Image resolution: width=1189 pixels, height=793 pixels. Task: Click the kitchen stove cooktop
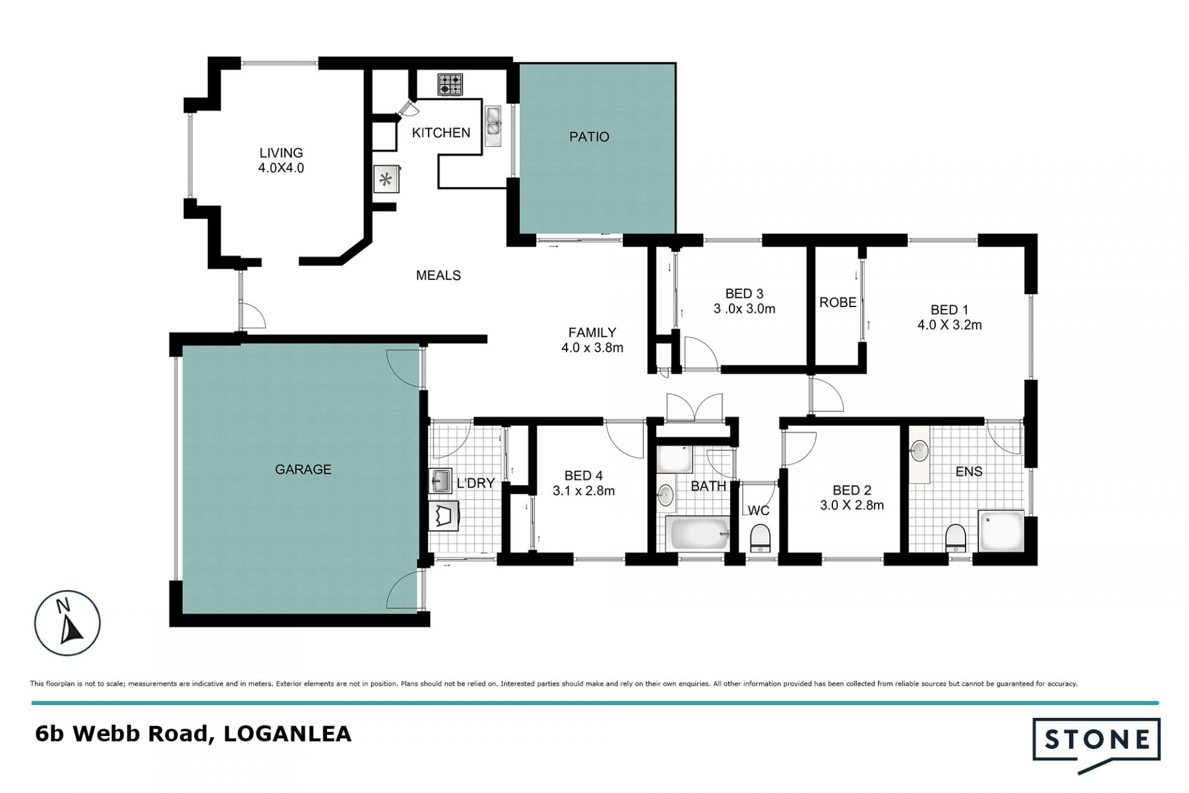[x=450, y=85]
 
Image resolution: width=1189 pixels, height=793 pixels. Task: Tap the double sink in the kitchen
[x=494, y=126]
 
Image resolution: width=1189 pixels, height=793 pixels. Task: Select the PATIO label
[x=589, y=137]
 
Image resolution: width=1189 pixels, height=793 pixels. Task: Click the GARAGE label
[x=303, y=469]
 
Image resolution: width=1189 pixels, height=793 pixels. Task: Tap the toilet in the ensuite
[x=956, y=537]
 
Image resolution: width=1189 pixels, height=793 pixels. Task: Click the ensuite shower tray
[x=1001, y=530]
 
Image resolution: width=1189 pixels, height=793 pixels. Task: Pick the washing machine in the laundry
[x=444, y=516]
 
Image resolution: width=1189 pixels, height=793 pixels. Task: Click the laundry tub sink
[x=440, y=480]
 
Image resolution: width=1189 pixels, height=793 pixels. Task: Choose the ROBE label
[x=838, y=302]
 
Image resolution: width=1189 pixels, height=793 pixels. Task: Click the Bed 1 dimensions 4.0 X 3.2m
[x=949, y=324]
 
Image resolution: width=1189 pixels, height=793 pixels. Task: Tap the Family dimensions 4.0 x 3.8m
[x=592, y=348]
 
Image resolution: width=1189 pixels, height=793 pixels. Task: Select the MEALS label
[x=438, y=275]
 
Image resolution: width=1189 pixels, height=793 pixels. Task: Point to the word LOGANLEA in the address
[x=287, y=734]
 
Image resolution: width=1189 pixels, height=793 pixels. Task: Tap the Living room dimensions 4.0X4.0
[x=281, y=168]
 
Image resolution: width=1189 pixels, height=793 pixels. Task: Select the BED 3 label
[x=744, y=293]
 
